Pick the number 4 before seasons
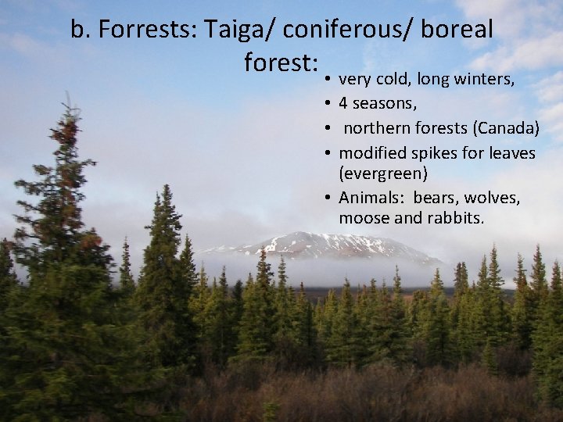tap(343, 103)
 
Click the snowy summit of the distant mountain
tap(301, 236)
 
